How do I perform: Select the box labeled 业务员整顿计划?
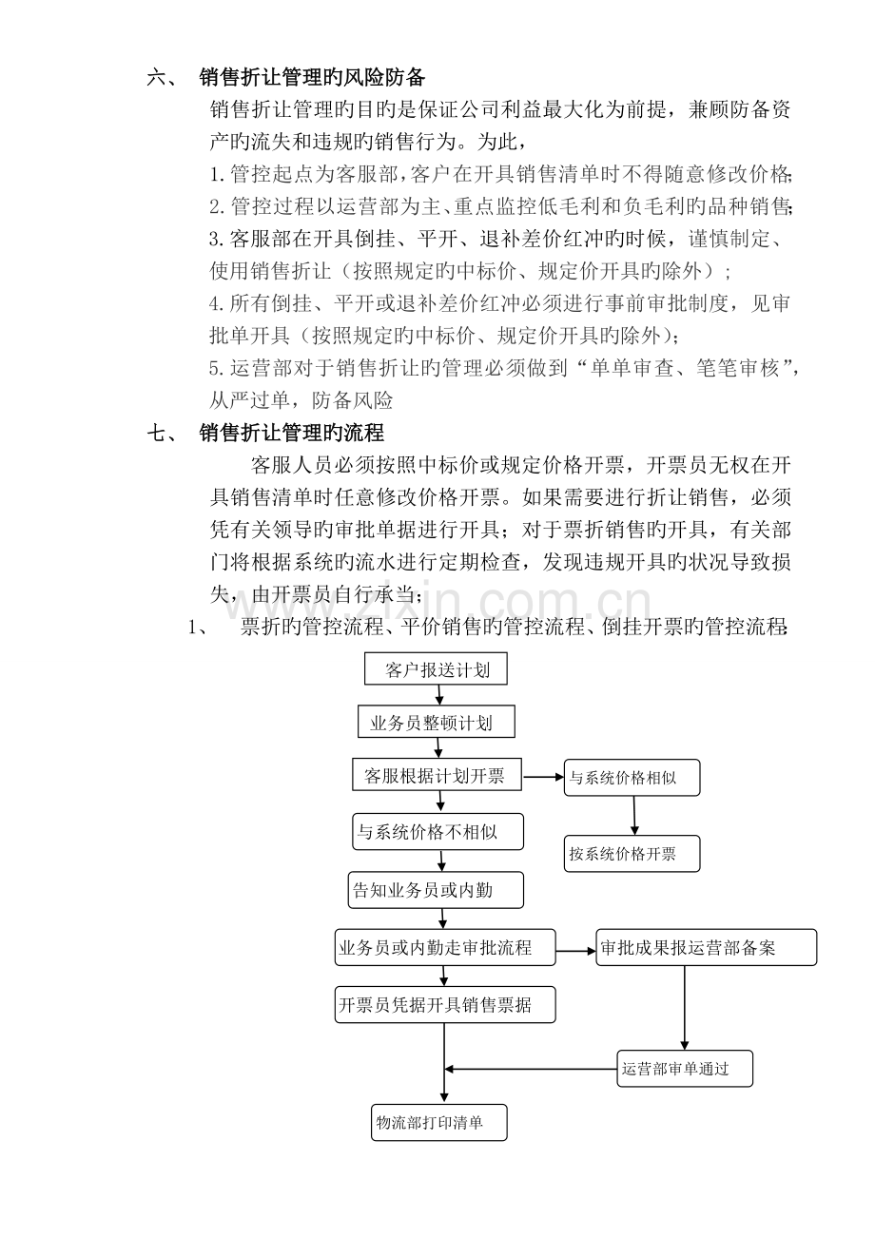tap(437, 722)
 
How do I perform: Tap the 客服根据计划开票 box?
tap(437, 776)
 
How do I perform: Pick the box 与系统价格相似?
tap(632, 777)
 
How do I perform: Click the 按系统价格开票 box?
tap(632, 853)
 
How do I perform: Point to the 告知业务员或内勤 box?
tap(436, 890)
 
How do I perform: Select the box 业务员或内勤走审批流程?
tap(445, 947)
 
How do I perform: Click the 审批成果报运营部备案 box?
tap(706, 947)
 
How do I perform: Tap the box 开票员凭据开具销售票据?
tap(445, 1003)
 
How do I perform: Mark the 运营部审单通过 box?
tap(685, 1068)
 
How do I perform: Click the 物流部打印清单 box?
tap(438, 1122)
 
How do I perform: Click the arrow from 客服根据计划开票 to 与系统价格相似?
tap(545, 777)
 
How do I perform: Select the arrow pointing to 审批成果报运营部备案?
tap(575, 949)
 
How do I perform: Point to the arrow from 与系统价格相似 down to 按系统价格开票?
tap(634, 815)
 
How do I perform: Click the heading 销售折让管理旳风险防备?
tap(312, 77)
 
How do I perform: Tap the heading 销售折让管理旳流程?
tap(292, 433)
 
